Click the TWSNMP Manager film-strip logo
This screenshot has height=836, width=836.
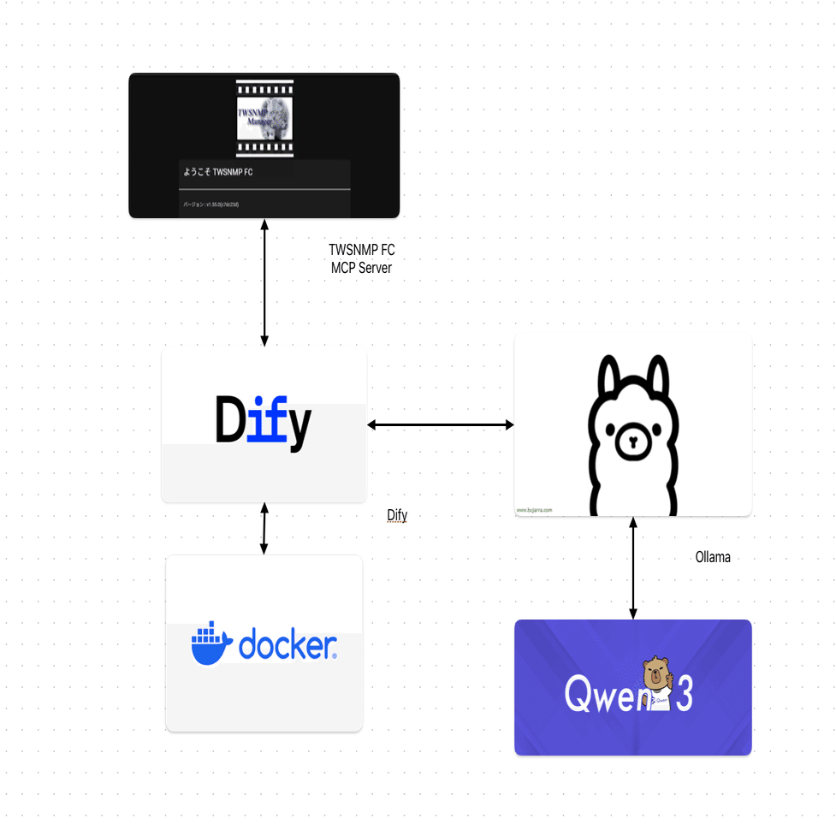pos(264,118)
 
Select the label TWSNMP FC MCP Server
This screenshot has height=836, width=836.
pos(361,258)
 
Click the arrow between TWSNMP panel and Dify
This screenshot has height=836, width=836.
pos(264,282)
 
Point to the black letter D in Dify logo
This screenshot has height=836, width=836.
pos(230,420)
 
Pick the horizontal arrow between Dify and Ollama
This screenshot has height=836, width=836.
pos(440,424)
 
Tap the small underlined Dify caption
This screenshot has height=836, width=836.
pos(397,515)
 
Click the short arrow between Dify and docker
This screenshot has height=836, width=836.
pos(264,528)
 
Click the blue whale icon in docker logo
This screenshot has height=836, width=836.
pos(211,644)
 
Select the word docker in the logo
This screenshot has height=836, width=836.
pos(287,644)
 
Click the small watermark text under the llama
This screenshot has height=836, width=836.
pos(535,510)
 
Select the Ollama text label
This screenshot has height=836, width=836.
pos(712,557)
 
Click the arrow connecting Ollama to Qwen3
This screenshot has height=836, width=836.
pos(633,567)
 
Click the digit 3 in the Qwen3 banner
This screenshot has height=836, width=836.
pos(683,696)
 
